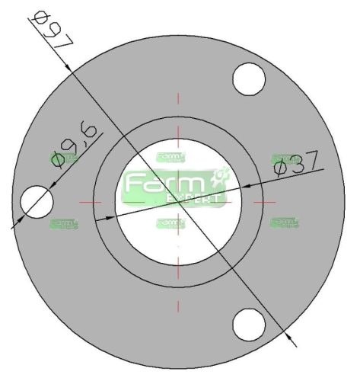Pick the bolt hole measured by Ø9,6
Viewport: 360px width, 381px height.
pos(37,202)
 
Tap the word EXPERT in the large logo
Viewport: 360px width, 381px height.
pos(194,198)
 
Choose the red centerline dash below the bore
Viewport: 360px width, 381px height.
pos(179,305)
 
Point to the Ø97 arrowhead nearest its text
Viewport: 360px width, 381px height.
pos(70,67)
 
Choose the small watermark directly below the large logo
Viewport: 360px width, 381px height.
pos(170,223)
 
